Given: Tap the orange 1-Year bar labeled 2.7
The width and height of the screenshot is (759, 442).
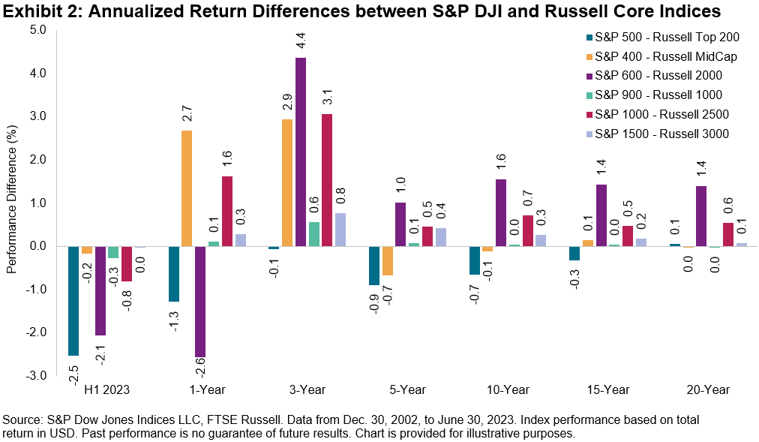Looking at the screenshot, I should click(x=186, y=188).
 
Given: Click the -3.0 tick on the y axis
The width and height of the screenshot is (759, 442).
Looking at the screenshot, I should click(x=36, y=375).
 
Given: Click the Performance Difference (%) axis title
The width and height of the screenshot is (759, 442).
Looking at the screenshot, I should click(x=11, y=203).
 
